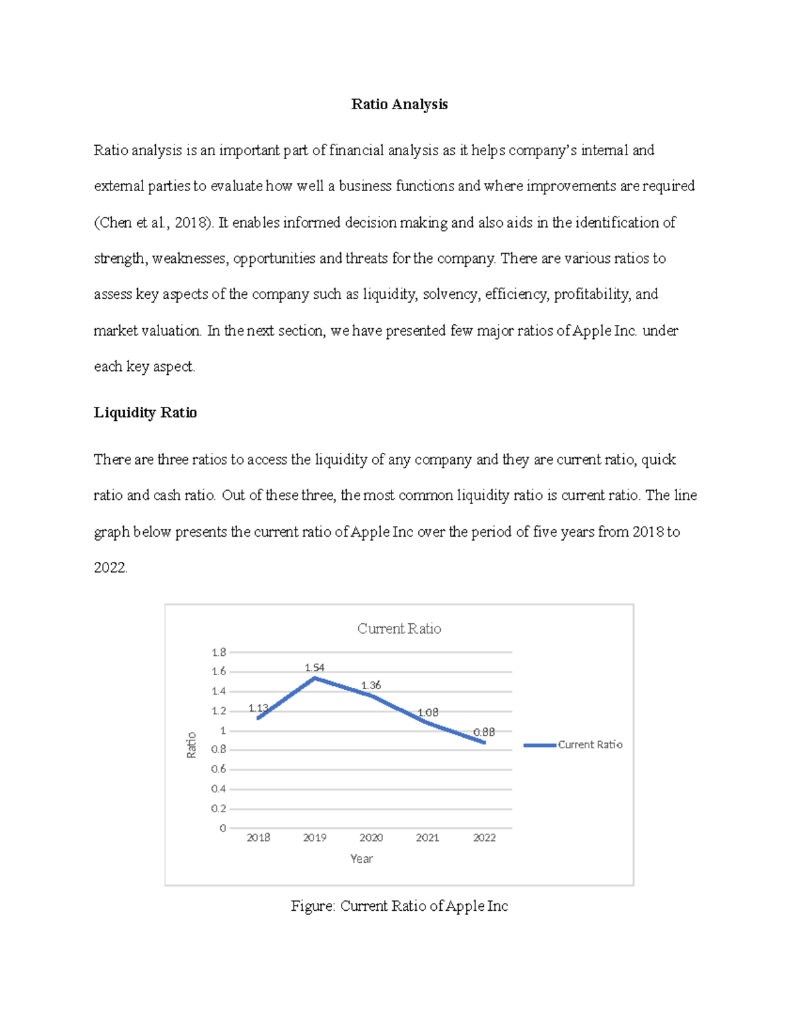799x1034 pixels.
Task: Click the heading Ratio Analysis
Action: click(x=399, y=104)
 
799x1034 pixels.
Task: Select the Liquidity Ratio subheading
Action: click(x=145, y=413)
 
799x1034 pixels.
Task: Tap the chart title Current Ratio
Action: click(x=399, y=629)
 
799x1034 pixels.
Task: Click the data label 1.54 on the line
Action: click(x=314, y=667)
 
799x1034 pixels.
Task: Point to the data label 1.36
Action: click(x=371, y=685)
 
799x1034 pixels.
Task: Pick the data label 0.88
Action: click(x=484, y=732)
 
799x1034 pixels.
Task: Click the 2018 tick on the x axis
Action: click(x=258, y=838)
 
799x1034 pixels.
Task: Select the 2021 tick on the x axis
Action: click(x=427, y=838)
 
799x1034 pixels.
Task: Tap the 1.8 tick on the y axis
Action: click(x=219, y=652)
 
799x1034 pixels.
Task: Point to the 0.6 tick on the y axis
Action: click(x=219, y=769)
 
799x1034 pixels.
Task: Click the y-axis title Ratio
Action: click(x=192, y=745)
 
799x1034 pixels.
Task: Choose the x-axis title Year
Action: click(x=362, y=859)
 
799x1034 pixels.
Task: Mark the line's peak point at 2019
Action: click(x=314, y=678)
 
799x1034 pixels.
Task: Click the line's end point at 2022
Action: click(x=484, y=742)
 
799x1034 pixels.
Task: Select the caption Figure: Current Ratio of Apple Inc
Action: click(x=399, y=906)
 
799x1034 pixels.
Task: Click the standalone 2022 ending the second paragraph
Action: click(x=110, y=568)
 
